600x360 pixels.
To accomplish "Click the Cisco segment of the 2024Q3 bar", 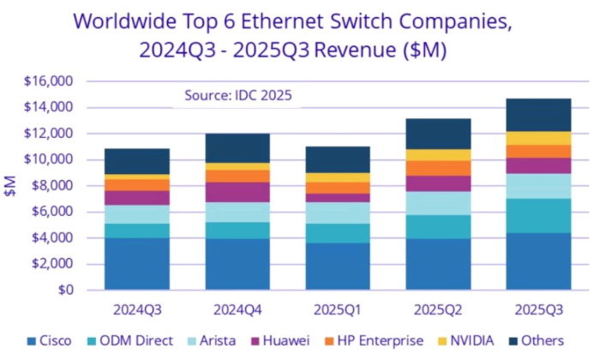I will pos(137,264).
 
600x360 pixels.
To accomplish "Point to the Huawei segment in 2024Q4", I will pos(237,193).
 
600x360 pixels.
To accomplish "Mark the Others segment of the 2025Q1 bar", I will pos(338,159).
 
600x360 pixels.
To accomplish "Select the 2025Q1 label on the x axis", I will pos(338,306).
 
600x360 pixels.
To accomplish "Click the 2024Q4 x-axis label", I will pos(237,306).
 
